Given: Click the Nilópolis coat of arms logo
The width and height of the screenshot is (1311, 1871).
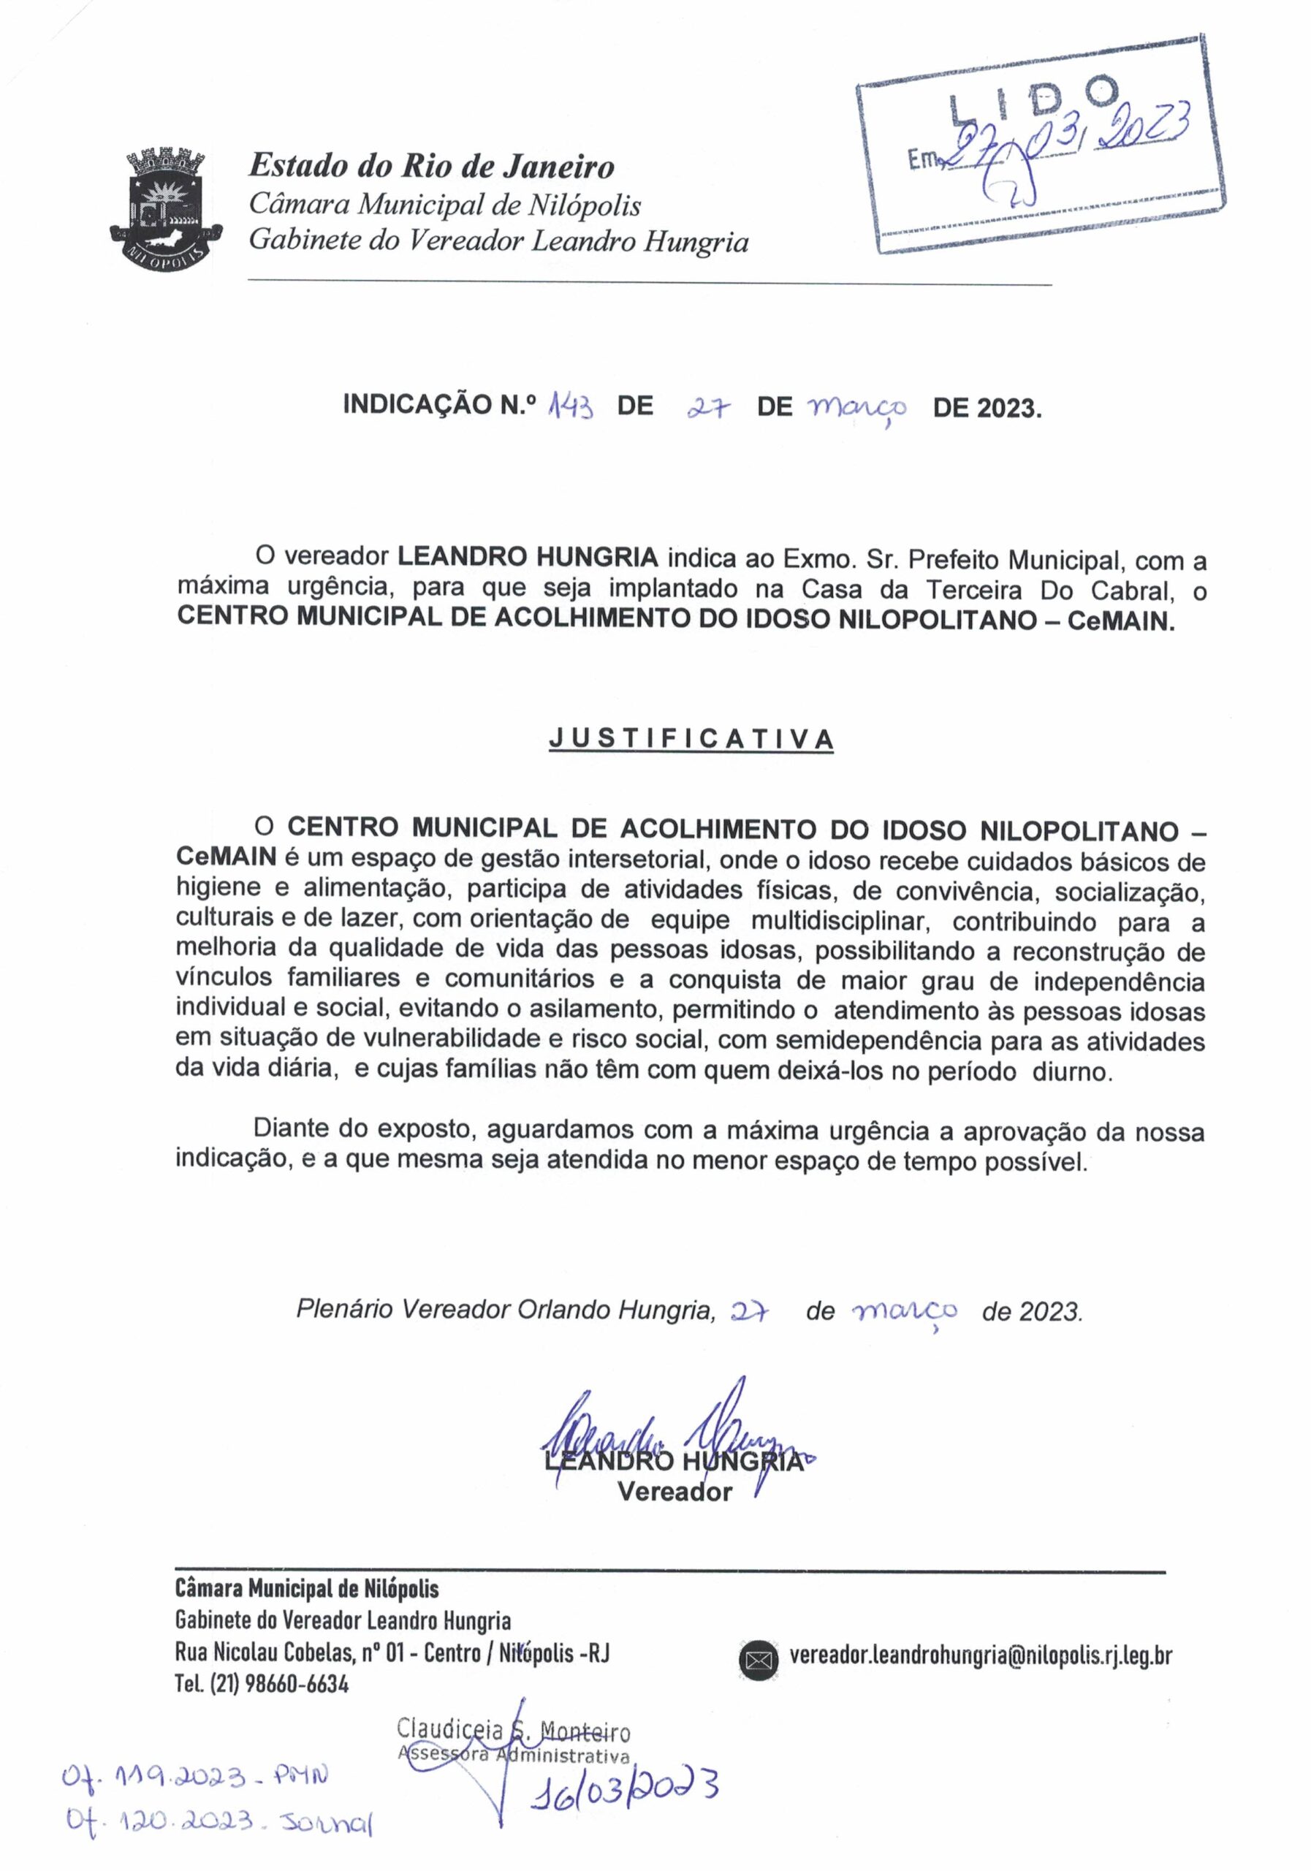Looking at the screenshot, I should [x=158, y=205].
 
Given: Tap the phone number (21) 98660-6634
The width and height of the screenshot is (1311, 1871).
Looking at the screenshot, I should [x=278, y=1685].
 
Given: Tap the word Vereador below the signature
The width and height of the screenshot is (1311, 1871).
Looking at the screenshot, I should [x=674, y=1492].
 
